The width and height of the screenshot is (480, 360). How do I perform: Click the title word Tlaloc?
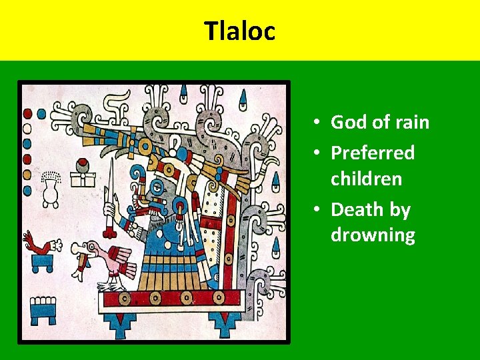pyautogui.click(x=239, y=31)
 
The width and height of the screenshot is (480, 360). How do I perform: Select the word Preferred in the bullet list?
pyautogui.click(x=373, y=153)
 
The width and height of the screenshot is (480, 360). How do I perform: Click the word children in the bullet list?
pyautogui.click(x=366, y=179)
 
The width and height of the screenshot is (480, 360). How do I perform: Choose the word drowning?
pyautogui.click(x=373, y=235)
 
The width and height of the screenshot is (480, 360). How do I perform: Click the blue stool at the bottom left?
pyautogui.click(x=43, y=309)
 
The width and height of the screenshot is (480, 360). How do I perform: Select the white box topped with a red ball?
pyautogui.click(x=84, y=175)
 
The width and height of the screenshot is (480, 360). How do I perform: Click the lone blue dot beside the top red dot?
pyautogui.click(x=41, y=114)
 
